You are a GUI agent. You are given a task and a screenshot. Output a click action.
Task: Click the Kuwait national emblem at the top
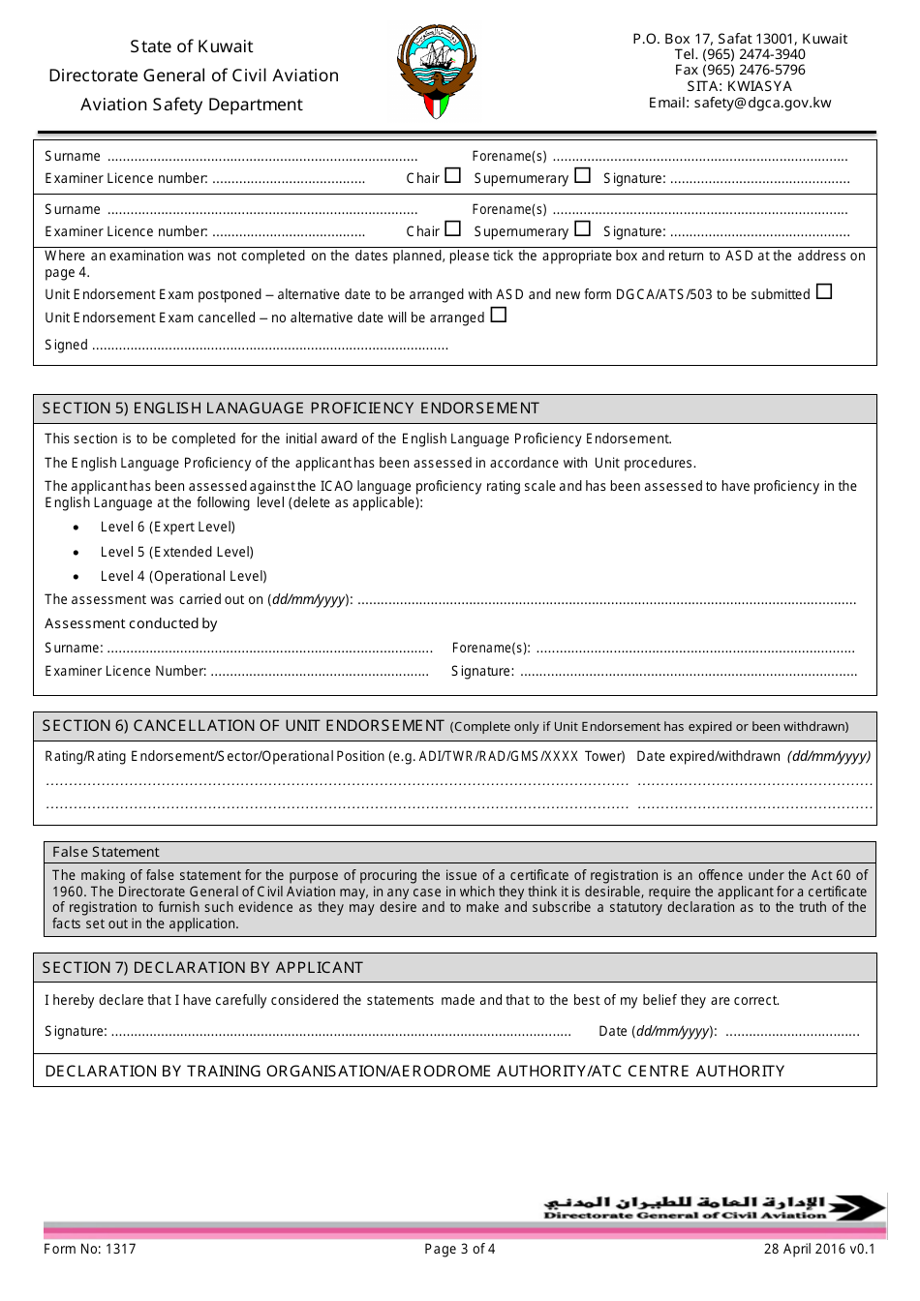[437, 72]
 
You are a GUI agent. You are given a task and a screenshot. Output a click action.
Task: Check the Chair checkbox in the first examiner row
[452, 176]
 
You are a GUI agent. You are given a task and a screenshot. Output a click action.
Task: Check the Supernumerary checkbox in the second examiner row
[582, 229]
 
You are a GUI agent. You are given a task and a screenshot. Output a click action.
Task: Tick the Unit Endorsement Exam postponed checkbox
[824, 291]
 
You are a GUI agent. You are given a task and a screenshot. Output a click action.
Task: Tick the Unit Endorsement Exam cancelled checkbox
[499, 315]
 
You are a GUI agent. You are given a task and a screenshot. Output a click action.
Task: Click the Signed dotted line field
[270, 347]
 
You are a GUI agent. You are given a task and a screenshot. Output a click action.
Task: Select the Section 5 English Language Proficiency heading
[291, 408]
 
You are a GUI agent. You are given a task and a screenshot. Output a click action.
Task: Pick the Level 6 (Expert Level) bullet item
[168, 527]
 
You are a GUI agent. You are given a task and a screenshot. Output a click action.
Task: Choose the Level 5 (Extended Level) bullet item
[176, 552]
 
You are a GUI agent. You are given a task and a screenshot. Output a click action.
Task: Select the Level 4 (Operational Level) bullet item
[183, 576]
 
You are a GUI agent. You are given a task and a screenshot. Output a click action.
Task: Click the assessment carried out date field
[606, 601]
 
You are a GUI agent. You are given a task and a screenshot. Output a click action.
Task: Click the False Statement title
[106, 852]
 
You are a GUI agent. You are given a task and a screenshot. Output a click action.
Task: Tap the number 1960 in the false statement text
[69, 892]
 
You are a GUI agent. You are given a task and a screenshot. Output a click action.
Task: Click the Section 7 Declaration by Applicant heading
[202, 967]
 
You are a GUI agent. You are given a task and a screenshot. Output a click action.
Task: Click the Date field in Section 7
[791, 1033]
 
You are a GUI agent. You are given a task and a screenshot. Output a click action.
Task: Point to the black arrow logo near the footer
[857, 1207]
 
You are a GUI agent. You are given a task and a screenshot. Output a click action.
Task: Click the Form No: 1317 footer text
[90, 1249]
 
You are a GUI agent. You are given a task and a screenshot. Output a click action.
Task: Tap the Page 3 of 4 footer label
[460, 1249]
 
